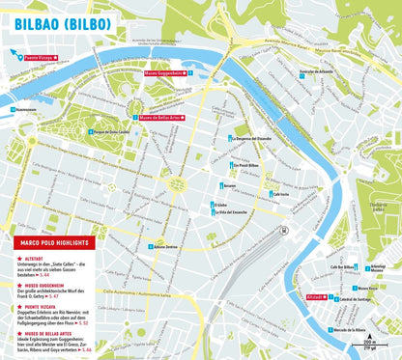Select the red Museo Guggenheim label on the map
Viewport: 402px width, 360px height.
click(x=164, y=72)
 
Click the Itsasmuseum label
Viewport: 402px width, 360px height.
click(x=35, y=109)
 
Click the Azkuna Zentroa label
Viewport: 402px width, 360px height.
click(x=167, y=246)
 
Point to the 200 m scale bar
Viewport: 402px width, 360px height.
click(x=370, y=344)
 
